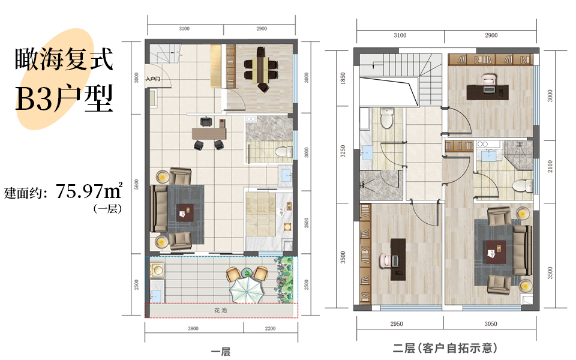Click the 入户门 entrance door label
(152, 79)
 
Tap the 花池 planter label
(221, 310)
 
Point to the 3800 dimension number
(193, 328)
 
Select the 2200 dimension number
(270, 328)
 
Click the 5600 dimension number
(137, 184)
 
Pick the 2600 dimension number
(307, 223)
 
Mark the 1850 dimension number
(343, 78)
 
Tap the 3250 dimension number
(343, 151)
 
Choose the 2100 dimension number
(550, 166)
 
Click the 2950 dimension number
(397, 323)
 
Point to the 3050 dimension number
(491, 323)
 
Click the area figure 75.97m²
(89, 190)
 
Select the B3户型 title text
(64, 98)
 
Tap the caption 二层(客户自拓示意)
(445, 347)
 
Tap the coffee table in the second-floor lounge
(496, 252)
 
